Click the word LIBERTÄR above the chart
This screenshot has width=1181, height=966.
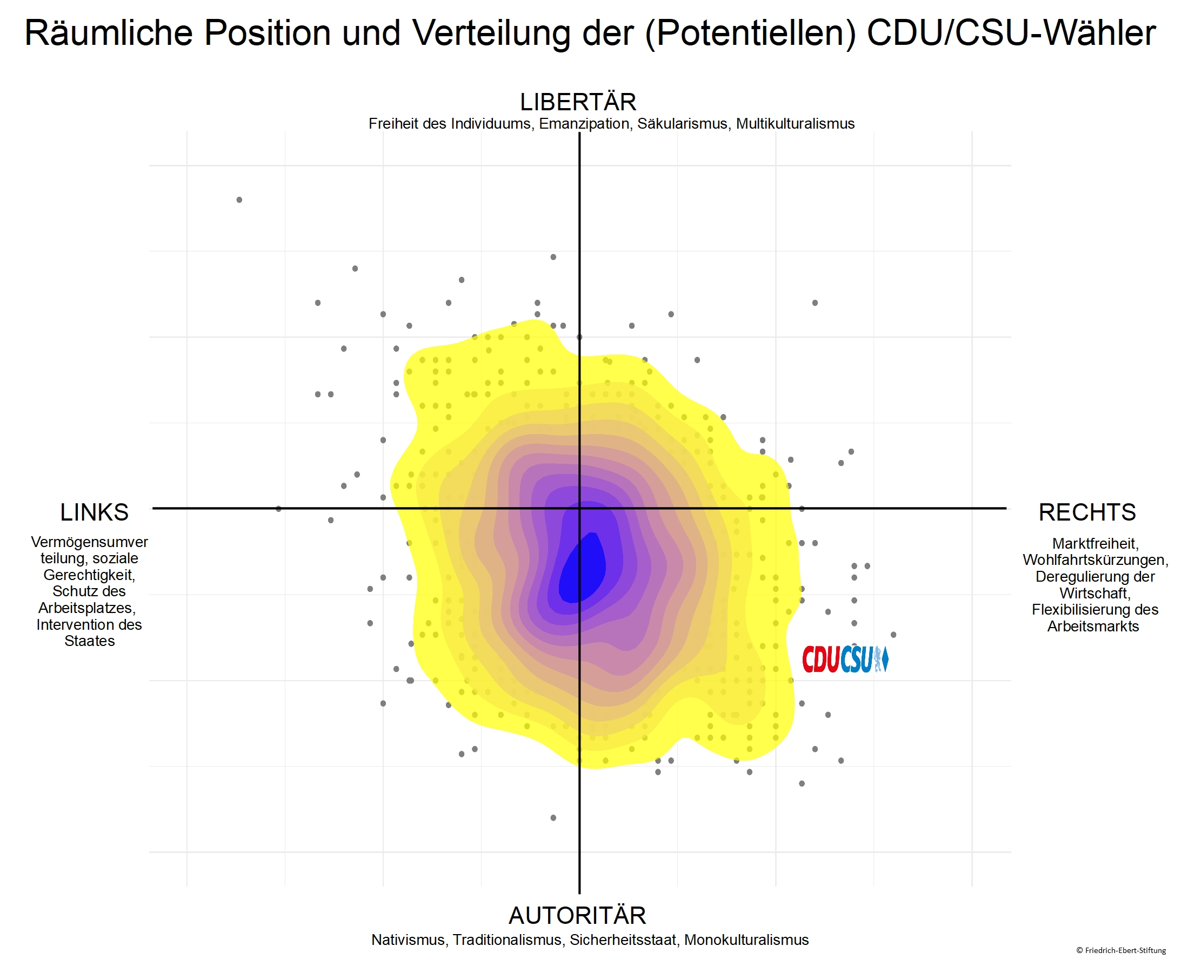578,102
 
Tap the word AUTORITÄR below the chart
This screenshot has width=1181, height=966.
577,915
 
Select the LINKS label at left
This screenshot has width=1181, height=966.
94,512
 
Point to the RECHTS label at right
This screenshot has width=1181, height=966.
1087,512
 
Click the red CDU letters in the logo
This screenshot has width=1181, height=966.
820,660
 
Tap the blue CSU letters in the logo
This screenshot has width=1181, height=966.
857,660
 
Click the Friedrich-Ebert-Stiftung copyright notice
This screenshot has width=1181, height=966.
1120,950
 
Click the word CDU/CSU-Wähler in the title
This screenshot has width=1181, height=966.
1011,33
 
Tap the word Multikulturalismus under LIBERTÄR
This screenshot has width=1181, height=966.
795,124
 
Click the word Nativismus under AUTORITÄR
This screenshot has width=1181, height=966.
408,940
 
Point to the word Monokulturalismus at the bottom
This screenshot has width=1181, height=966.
746,940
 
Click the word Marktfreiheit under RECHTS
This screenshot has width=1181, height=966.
1095,544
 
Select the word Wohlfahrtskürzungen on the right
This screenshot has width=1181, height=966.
1095,560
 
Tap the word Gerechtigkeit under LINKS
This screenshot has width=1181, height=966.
89,575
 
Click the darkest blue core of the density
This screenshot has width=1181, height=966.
581,570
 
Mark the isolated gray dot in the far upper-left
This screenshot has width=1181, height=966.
239,200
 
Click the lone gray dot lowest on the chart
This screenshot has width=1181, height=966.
553,818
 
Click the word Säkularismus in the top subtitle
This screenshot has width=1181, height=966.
682,124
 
